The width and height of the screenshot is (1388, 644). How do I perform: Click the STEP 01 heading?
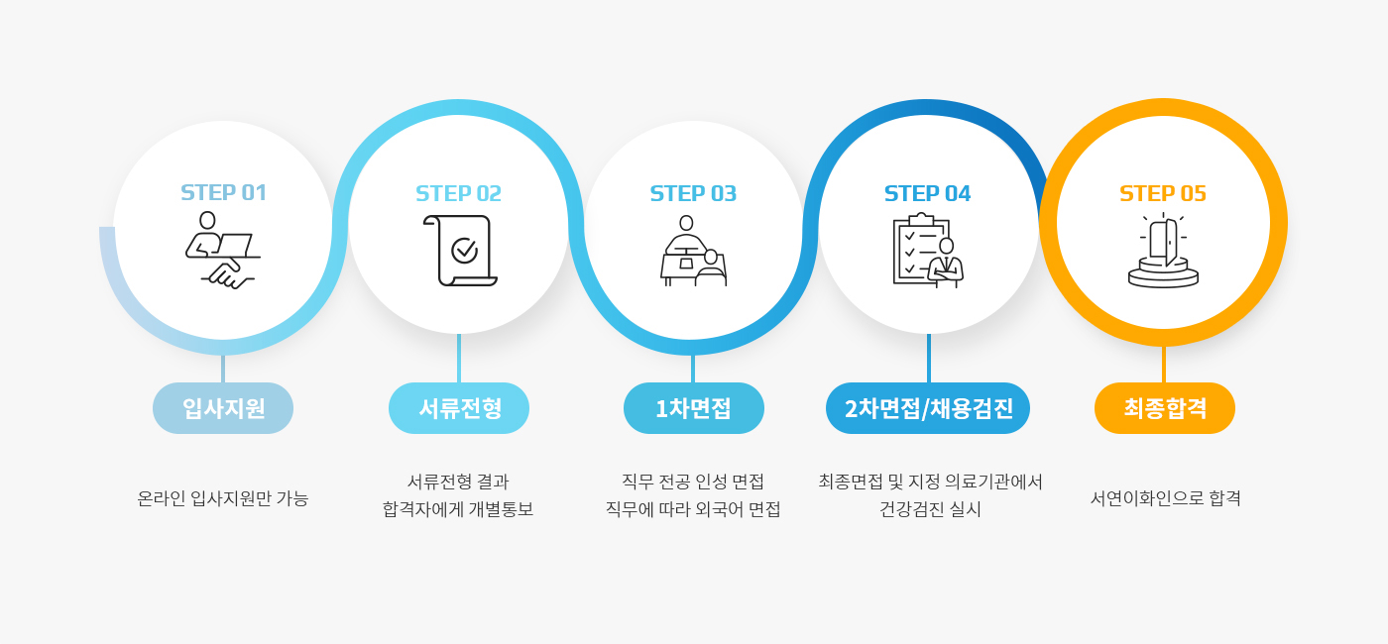(x=223, y=192)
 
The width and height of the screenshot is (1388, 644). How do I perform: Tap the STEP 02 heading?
(x=458, y=194)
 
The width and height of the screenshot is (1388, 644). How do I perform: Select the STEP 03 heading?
(x=693, y=194)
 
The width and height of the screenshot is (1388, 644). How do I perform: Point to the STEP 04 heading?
(x=928, y=194)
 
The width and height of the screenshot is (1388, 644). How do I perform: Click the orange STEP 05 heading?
(x=1163, y=194)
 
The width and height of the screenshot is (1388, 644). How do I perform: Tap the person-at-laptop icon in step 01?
(x=222, y=250)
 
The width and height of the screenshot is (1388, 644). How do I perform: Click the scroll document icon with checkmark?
(x=460, y=250)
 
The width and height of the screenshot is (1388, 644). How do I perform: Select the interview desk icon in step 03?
(x=693, y=250)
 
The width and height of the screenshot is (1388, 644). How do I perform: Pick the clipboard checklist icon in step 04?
(x=928, y=250)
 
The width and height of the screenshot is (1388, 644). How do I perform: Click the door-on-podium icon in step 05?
(x=1163, y=250)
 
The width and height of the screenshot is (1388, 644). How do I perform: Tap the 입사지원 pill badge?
(x=223, y=408)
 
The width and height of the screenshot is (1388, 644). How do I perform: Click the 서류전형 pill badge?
(x=459, y=408)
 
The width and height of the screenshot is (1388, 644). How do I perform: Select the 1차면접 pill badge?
(x=694, y=408)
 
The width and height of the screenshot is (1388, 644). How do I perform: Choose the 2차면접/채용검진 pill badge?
(x=928, y=408)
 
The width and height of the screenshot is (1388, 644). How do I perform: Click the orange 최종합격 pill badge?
(x=1165, y=408)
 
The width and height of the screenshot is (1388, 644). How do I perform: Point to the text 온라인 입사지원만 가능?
(x=223, y=498)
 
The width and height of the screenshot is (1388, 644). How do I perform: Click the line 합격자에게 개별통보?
(x=458, y=509)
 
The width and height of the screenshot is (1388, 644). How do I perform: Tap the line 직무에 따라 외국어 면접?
(x=693, y=509)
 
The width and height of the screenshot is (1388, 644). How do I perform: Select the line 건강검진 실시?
(x=930, y=509)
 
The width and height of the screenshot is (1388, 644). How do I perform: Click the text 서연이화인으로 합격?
(x=1166, y=498)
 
